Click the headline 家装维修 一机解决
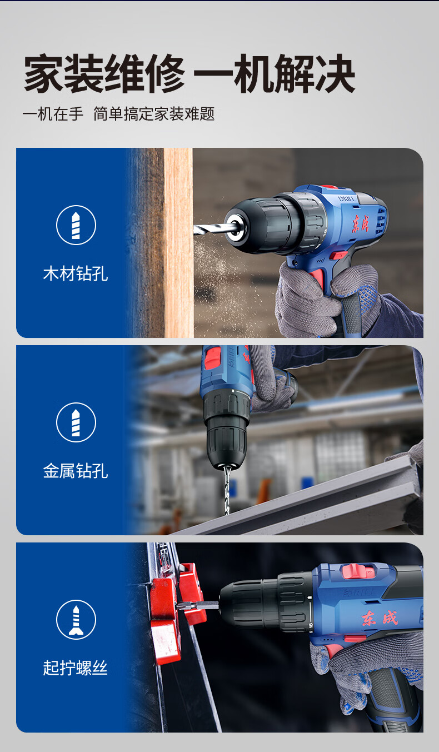click(x=189, y=73)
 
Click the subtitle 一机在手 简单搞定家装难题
click(x=118, y=113)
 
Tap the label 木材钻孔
click(x=76, y=273)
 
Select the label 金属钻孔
click(x=76, y=471)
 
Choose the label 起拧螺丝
click(x=76, y=668)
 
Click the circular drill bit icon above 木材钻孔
click(x=76, y=225)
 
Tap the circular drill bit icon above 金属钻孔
click(x=76, y=422)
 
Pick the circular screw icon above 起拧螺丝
click(x=76, y=620)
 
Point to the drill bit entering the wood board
click(x=212, y=229)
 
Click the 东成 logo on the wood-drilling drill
click(x=361, y=223)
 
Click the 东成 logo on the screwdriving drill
click(x=380, y=619)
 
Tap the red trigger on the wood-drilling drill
click(x=317, y=278)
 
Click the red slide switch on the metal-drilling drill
click(x=213, y=358)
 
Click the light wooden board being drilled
click(x=178, y=243)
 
